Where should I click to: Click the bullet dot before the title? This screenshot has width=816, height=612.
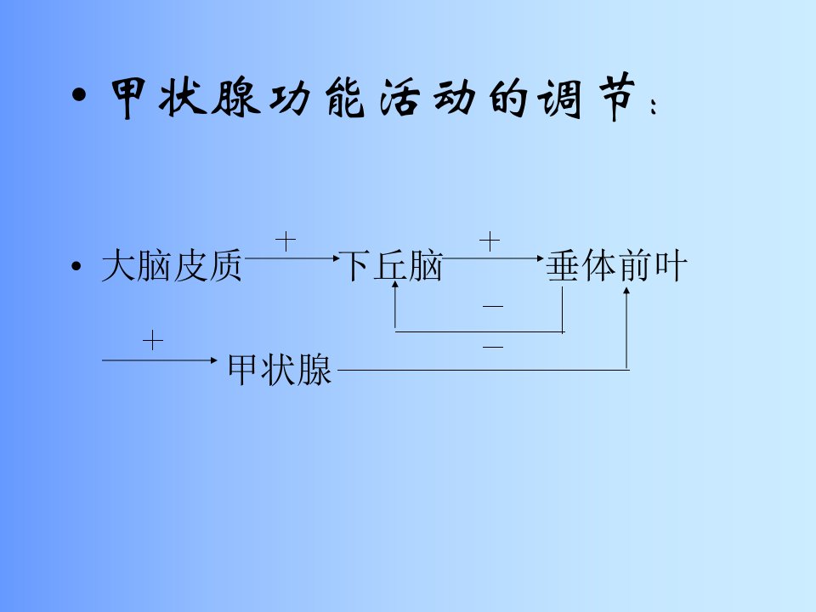pyautogui.click(x=79, y=96)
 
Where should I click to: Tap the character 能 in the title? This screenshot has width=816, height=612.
pyautogui.click(x=344, y=97)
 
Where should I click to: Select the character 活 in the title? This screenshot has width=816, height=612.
pyautogui.click(x=399, y=97)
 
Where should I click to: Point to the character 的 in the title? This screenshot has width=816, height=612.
pyautogui.click(x=507, y=97)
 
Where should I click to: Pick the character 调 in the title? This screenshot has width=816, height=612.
pyautogui.click(x=560, y=97)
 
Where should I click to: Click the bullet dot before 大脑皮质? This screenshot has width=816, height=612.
pyautogui.click(x=76, y=266)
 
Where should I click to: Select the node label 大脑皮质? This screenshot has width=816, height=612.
pyautogui.click(x=172, y=265)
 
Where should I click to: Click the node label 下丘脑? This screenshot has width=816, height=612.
pyautogui.click(x=390, y=265)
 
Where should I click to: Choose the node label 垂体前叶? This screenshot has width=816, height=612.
pyautogui.click(x=617, y=265)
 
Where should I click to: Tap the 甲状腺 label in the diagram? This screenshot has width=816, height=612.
pyautogui.click(x=280, y=369)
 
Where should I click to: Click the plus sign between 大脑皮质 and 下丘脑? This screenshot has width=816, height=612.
pyautogui.click(x=286, y=241)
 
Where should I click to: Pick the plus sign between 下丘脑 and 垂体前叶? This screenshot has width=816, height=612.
pyautogui.click(x=490, y=241)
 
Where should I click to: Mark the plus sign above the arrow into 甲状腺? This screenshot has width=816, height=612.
pyautogui.click(x=153, y=341)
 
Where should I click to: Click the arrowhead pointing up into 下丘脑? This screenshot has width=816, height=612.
pyautogui.click(x=395, y=284)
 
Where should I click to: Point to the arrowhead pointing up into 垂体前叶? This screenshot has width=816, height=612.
pyautogui.click(x=626, y=290)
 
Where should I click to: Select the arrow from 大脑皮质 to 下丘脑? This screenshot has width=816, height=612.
pyautogui.click(x=292, y=258)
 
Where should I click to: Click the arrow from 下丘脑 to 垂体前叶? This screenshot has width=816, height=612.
pyautogui.click(x=493, y=258)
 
